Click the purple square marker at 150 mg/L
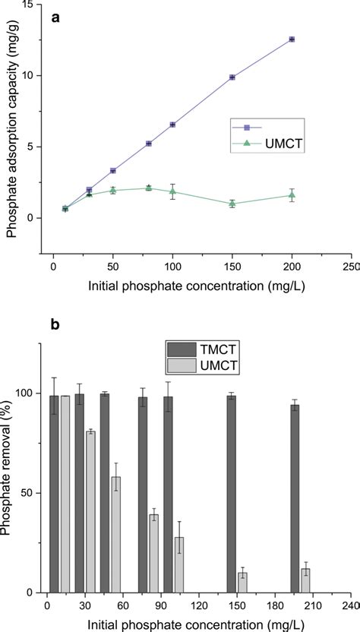point(232,77)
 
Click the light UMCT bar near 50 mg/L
point(116,534)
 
